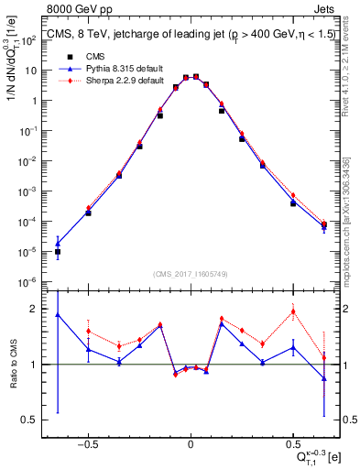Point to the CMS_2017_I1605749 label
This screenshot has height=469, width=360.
click(190, 274)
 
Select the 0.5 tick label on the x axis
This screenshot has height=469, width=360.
click(292, 442)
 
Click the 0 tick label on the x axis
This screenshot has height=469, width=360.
click(191, 442)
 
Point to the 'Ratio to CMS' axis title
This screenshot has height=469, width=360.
click(16, 363)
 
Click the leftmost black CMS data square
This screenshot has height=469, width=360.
click(58, 251)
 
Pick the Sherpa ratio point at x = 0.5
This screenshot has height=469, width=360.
click(293, 311)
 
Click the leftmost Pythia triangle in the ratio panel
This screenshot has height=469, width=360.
click(58, 314)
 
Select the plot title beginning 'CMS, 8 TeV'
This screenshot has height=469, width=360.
click(187, 37)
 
